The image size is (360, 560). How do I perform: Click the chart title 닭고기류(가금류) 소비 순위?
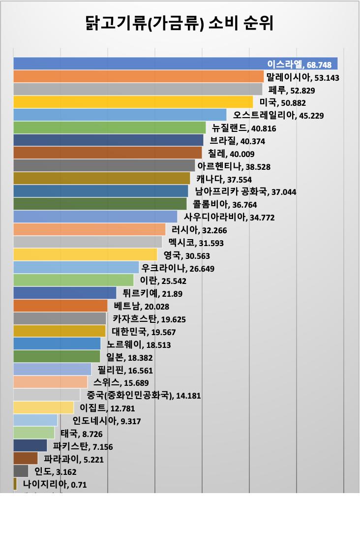tap(180, 23)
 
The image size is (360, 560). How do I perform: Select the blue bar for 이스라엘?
tap(138, 63)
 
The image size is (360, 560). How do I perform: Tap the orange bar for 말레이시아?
tap(138, 76)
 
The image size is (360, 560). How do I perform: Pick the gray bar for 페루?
tap(138, 89)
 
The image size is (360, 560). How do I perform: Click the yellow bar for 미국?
tap(133, 102)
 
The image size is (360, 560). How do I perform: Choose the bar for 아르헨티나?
tap(104, 165)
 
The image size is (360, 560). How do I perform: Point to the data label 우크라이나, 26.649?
tap(178, 268)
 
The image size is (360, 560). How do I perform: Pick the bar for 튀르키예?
tap(64, 293)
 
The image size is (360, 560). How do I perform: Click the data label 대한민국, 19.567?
tap(144, 332)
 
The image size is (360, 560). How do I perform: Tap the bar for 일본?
tap(57, 356)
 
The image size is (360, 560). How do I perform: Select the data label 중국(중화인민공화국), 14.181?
tap(144, 395)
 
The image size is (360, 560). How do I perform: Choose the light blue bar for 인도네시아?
tap(35, 420)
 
